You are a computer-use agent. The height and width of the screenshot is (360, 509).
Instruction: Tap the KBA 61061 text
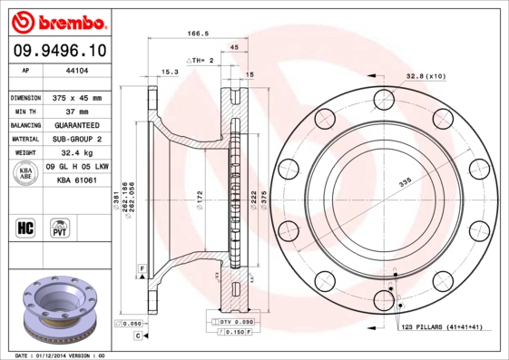coord(77,180)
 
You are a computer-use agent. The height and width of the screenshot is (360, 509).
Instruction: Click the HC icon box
coord(26,227)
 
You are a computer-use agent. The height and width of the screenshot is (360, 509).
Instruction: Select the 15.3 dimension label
coord(170,71)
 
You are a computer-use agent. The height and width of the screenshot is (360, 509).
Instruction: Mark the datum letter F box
coord(142,269)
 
